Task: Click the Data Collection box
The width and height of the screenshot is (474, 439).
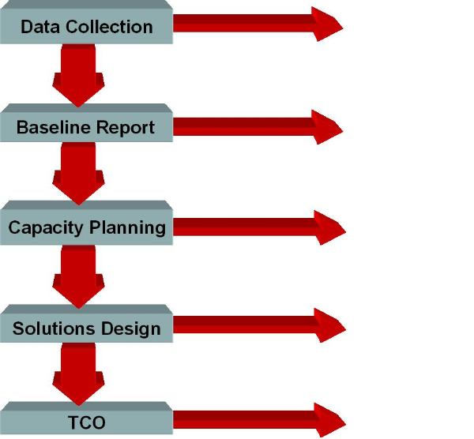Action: pyautogui.click(x=86, y=26)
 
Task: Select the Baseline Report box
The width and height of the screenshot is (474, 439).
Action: pyautogui.click(x=86, y=126)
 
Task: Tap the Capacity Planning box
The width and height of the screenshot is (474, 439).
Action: pyautogui.click(x=86, y=227)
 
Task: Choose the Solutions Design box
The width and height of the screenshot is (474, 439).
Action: pyautogui.click(x=86, y=328)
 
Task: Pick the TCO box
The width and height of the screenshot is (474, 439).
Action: pyautogui.click(x=86, y=422)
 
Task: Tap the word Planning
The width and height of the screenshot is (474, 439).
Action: pyautogui.click(x=127, y=228)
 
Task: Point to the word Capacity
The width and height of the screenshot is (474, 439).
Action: pyautogui.click(x=46, y=228)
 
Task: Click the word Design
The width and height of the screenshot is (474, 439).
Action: pyautogui.click(x=134, y=328)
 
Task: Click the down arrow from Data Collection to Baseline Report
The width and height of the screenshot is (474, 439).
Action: pyautogui.click(x=79, y=76)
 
